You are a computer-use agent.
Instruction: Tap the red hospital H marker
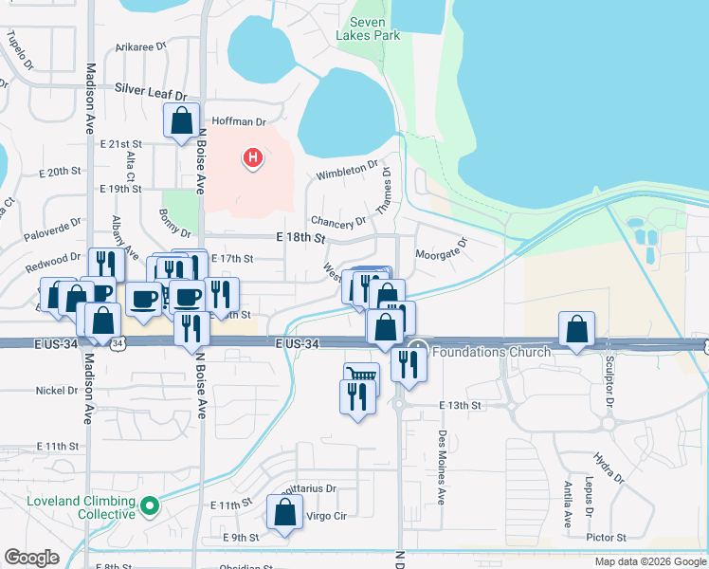(252, 157)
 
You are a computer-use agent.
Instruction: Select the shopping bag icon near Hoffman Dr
(180, 121)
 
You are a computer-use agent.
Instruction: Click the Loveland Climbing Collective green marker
(149, 506)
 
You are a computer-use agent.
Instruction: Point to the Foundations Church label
(491, 353)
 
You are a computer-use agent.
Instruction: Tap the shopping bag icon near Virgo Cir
(284, 513)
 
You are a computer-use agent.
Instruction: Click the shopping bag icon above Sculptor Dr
(576, 329)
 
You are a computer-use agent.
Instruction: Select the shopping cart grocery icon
(361, 376)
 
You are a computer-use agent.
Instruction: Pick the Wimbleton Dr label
(341, 174)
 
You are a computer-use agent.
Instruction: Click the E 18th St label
(300, 236)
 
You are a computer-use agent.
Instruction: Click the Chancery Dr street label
(337, 222)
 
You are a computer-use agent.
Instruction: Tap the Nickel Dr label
(58, 390)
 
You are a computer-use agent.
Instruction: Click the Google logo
(31, 558)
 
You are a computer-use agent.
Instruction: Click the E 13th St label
(461, 405)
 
